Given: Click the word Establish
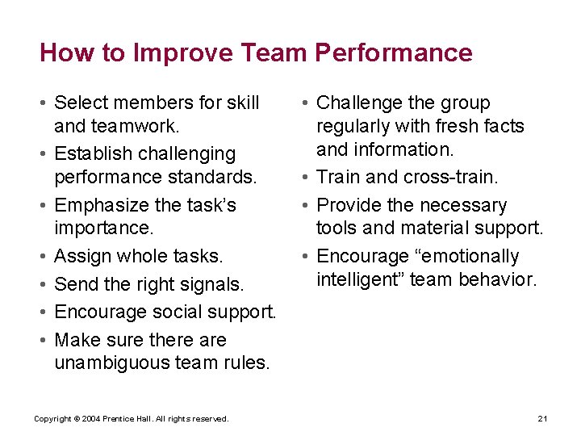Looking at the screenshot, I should pos(90,153).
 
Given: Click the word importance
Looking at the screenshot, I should pos(103,228).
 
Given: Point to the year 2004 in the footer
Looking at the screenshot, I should pos(91,418).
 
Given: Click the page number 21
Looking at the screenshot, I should pos(542,418).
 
